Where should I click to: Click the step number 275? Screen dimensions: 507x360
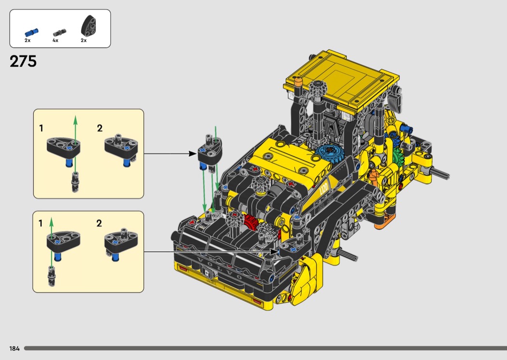pos(23,61)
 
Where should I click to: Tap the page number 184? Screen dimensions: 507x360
pos(14,348)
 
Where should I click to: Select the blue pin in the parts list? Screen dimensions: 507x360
pos(31,32)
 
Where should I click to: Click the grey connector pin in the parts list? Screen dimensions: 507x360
pos(59,33)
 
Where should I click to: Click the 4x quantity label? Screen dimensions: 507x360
pos(56,41)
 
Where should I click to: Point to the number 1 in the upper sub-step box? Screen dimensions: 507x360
pos(41,129)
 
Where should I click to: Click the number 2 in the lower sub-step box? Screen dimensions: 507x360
pos(99,223)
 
